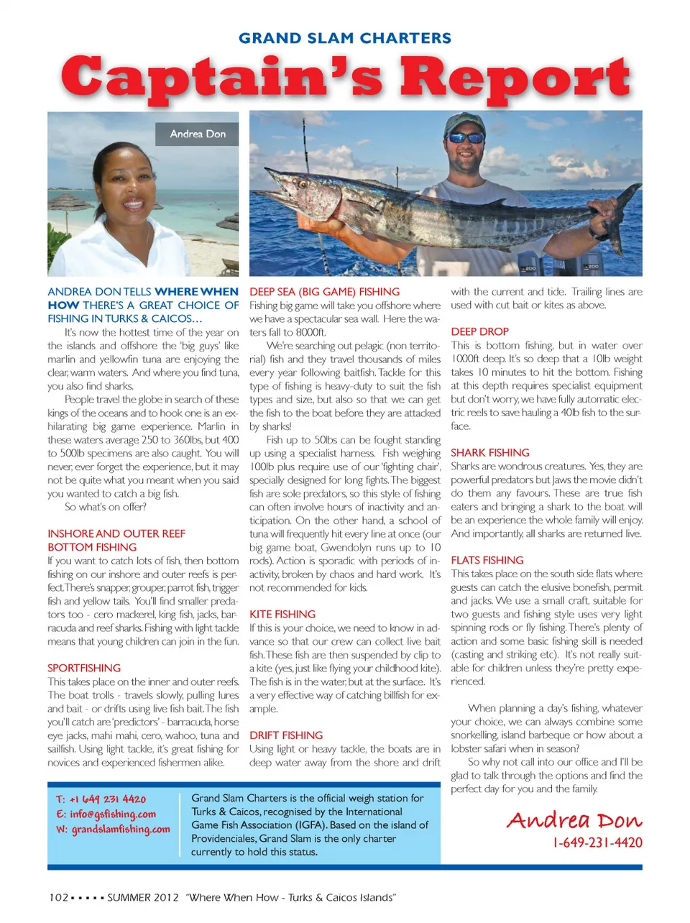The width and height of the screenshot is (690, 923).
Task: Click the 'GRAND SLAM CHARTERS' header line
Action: coord(345,38)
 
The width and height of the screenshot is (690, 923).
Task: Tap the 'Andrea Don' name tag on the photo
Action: coord(198,134)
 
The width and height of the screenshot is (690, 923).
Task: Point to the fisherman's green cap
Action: coord(464,123)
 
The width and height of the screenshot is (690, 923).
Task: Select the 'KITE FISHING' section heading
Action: coord(282,614)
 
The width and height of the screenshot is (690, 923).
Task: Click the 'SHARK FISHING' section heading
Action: coord(490,452)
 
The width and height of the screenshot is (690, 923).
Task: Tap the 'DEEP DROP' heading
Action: coord(479,331)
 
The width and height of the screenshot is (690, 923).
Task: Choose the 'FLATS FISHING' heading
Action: coord(487,560)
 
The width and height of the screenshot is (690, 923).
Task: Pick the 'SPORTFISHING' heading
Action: coord(84,668)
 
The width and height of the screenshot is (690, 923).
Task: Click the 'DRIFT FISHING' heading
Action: coord(286,735)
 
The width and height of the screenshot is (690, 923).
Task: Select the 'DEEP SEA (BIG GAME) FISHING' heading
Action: coord(324,292)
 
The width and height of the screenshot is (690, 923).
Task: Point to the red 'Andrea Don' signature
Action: coord(574,820)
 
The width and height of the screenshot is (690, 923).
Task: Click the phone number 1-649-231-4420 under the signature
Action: coord(597,842)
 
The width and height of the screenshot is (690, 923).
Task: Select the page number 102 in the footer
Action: coord(58,897)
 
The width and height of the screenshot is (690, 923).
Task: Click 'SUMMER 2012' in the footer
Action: coord(142,897)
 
